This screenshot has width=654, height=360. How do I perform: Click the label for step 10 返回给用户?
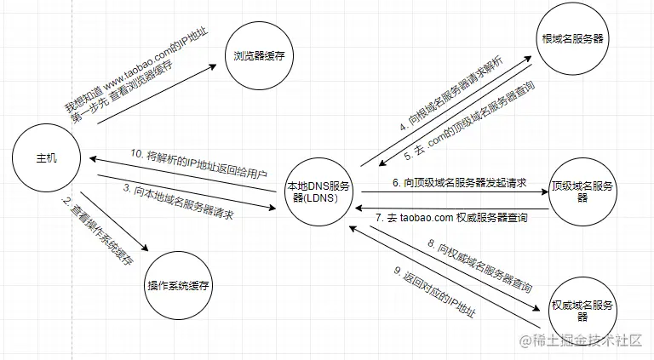tap(198, 163)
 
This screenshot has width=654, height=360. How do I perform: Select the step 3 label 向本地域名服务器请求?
tap(178, 201)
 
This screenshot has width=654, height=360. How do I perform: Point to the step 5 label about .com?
tap(469, 120)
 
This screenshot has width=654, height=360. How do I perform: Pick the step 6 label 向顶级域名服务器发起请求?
tap(459, 182)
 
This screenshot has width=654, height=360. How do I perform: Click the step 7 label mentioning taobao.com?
tap(451, 218)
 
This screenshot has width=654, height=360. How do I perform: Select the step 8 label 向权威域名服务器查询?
tap(479, 266)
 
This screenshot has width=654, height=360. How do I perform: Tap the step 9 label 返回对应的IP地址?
tap(434, 292)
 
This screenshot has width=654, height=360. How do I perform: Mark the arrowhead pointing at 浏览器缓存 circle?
tap(213, 66)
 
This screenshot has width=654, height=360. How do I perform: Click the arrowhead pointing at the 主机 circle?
tap(94, 159)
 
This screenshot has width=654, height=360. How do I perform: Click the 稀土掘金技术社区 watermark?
tap(580, 340)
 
